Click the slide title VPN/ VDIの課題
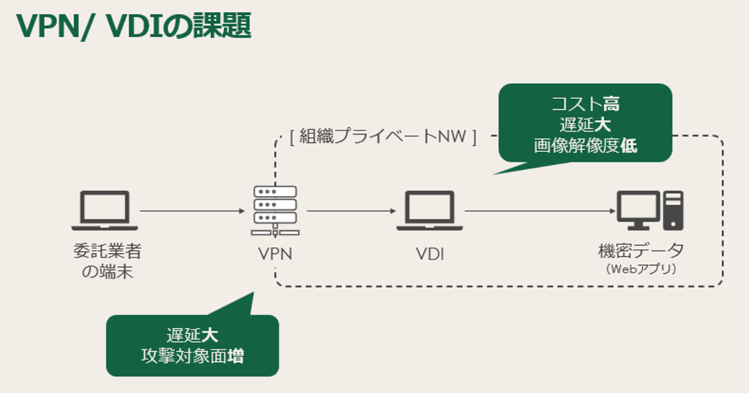[x=134, y=26]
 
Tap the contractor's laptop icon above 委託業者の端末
[x=105, y=210]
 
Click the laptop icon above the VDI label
[x=431, y=210]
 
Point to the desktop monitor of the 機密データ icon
[x=637, y=209]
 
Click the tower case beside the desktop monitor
[x=674, y=210]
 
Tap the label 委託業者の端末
[x=106, y=262]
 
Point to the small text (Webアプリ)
[x=641, y=269]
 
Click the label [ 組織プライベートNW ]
[x=383, y=136]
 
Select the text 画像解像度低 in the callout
[x=585, y=145]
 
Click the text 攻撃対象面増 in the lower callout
[x=192, y=356]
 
